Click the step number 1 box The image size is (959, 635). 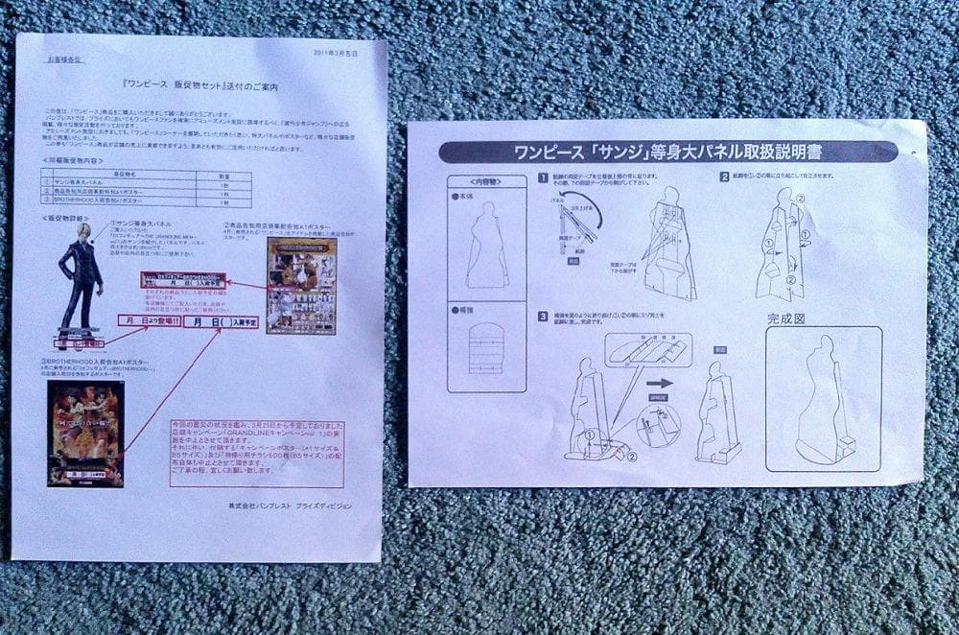pyautogui.click(x=542, y=177)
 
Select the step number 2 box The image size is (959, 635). pyautogui.click(x=725, y=176)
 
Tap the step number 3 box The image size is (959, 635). pyautogui.click(x=542, y=316)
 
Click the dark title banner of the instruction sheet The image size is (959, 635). pyautogui.click(x=667, y=152)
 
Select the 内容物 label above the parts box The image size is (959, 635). pyautogui.click(x=486, y=181)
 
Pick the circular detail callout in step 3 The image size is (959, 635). pyautogui.click(x=658, y=424)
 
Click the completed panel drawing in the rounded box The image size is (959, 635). pyautogui.click(x=822, y=399)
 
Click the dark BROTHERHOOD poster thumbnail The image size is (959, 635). pyautogui.click(x=85, y=434)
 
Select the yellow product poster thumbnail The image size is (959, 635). pyautogui.click(x=300, y=285)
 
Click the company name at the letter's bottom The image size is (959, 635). pyautogui.click(x=290, y=506)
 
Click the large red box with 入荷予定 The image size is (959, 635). pyautogui.click(x=220, y=322)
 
